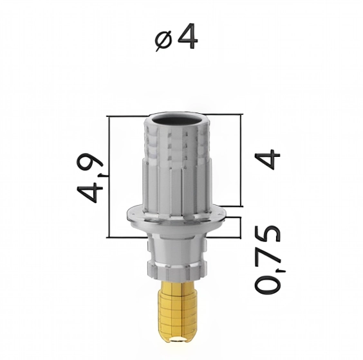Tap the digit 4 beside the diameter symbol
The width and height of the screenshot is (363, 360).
tap(186, 38)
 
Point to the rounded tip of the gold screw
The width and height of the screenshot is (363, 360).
tap(176, 346)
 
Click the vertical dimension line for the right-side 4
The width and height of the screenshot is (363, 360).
tap(241, 161)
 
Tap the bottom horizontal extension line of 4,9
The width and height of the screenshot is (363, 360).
tap(126, 237)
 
